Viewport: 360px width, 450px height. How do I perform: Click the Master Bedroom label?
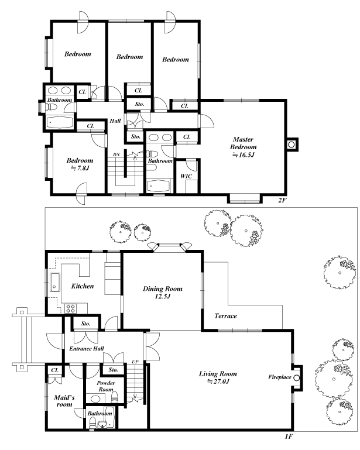point(242,143)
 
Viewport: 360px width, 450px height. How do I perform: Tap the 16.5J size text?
point(242,156)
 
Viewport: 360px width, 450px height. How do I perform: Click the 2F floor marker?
point(282,200)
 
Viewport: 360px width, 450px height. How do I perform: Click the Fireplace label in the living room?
point(279,377)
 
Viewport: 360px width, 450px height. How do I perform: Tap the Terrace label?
point(225,316)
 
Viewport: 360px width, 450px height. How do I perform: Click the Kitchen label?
point(82,286)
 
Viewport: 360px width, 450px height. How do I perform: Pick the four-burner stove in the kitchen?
point(71,308)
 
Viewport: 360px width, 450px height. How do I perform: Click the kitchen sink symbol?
point(54,283)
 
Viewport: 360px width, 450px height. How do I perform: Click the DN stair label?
point(116,154)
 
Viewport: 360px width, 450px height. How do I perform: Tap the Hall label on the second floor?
point(115,121)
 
